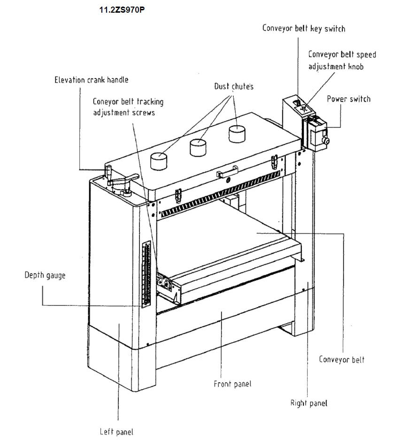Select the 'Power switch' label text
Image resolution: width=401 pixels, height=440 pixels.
coord(348,99)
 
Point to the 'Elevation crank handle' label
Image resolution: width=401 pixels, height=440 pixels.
coord(91,80)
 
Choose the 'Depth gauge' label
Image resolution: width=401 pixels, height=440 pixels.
coord(45,275)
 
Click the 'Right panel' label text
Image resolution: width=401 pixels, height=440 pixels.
coord(308,403)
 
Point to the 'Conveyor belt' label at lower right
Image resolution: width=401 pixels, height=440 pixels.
coord(341,360)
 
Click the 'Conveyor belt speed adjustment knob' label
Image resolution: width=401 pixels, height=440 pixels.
coord(342,60)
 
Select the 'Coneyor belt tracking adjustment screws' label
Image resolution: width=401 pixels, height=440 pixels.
coord(128,107)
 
